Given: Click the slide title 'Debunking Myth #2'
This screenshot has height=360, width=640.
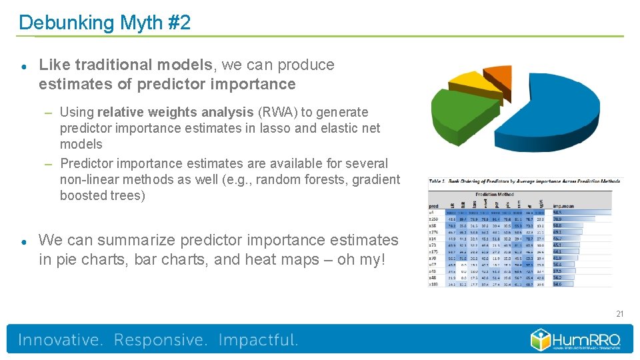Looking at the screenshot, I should [105, 23].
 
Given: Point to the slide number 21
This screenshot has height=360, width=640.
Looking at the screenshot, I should [619, 313].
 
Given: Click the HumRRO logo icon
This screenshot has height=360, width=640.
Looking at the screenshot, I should [541, 340].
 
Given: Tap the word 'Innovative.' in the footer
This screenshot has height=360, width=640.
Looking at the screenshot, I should [61, 340].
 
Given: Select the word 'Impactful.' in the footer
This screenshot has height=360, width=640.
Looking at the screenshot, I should [258, 340].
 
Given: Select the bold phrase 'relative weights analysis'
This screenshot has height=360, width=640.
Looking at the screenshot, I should [175, 112].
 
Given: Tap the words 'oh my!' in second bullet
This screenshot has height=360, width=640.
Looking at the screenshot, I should [361, 259].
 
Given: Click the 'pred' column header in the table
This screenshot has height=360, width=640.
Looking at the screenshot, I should [433, 206].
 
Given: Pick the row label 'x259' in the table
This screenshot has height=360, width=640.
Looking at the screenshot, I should [434, 219].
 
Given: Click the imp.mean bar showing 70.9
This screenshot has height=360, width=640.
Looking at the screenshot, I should [567, 219].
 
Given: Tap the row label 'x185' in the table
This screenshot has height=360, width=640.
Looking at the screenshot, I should [434, 284].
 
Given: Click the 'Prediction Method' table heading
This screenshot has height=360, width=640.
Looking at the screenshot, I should [494, 193].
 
